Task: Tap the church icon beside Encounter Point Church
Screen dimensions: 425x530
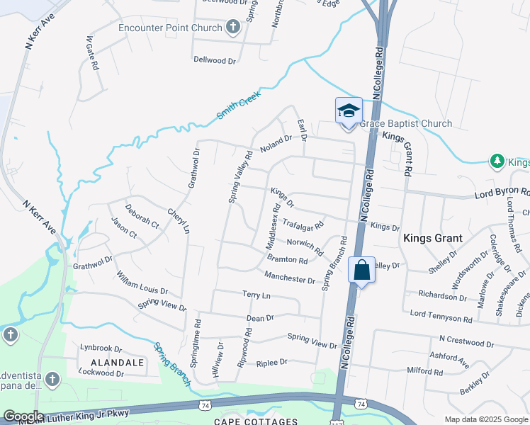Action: (x=232, y=28)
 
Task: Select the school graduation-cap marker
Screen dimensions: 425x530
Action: (x=349, y=111)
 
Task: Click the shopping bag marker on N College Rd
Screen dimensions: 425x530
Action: (x=361, y=270)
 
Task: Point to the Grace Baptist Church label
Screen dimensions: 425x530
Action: (x=406, y=124)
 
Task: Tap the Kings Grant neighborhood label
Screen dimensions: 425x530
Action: (x=433, y=239)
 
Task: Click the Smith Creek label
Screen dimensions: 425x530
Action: (x=239, y=104)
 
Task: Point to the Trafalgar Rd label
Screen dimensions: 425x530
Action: (x=303, y=225)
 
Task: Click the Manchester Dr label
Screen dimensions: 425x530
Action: (x=289, y=276)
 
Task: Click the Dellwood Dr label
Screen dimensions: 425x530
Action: (x=214, y=60)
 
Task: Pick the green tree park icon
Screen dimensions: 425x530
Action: (x=498, y=161)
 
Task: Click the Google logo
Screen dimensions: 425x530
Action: (x=23, y=416)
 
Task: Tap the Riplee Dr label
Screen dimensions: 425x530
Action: (x=273, y=362)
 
